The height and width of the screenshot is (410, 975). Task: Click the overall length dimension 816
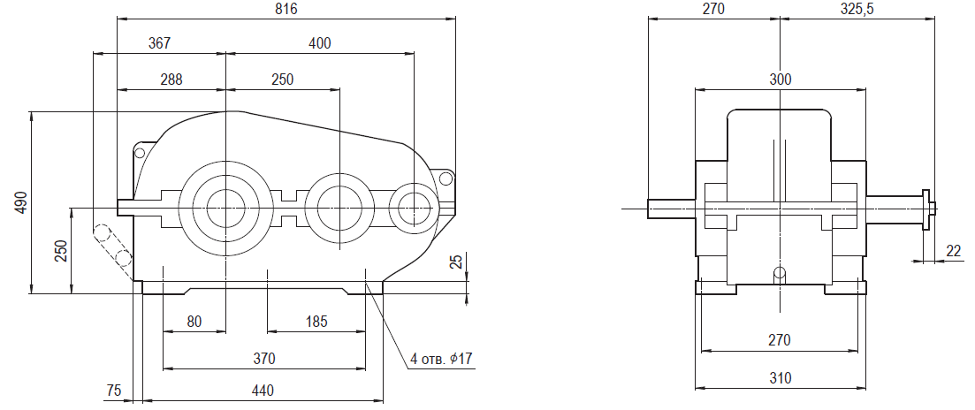point(286,9)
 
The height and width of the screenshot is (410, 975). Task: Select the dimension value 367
point(159,43)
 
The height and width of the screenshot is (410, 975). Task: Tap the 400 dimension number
point(320,43)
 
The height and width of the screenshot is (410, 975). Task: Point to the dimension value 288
point(171,80)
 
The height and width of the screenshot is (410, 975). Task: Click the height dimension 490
point(22,202)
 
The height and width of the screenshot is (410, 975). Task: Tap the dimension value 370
point(263,359)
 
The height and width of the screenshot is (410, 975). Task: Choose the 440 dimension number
point(263,391)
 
